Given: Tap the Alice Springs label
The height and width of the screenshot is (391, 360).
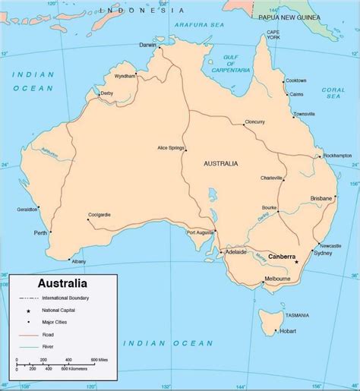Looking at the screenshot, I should (x=172, y=147).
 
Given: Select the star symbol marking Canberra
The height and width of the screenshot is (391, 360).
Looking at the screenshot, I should (x=297, y=262).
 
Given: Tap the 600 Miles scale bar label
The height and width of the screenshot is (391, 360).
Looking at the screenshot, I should (x=99, y=358).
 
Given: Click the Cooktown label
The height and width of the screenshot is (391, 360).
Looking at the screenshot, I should (x=297, y=80).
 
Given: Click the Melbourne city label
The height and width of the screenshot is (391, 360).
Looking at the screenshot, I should (x=276, y=279).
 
